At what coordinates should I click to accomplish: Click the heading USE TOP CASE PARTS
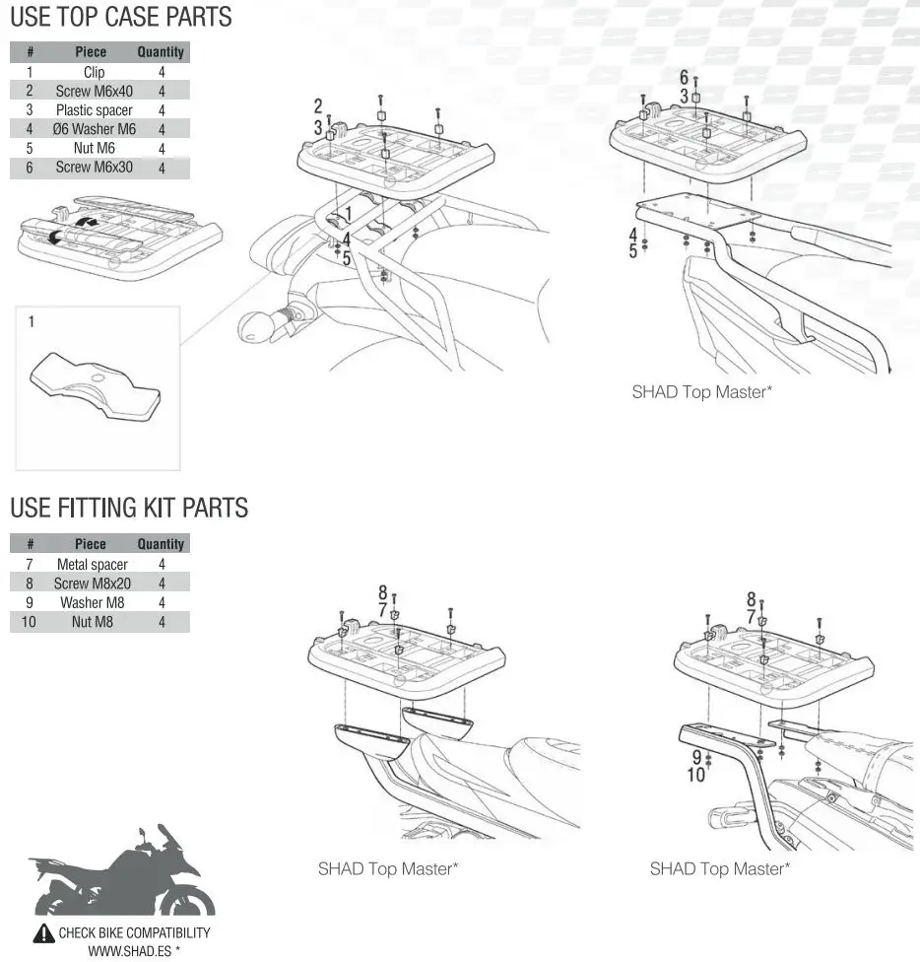[121, 17]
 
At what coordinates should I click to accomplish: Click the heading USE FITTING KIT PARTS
[129, 508]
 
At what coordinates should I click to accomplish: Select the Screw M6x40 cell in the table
[94, 91]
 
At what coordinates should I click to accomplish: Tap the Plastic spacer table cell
[94, 110]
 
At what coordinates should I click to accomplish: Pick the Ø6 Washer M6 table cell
[95, 129]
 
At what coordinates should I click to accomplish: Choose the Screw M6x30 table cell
[94, 168]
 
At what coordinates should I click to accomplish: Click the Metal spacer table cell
[92, 564]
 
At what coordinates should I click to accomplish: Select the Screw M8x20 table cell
[92, 584]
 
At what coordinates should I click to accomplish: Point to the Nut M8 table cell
[92, 622]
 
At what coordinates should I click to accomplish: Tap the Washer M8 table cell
[92, 602]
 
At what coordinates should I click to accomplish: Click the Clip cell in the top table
[94, 72]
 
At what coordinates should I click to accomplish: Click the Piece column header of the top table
[91, 52]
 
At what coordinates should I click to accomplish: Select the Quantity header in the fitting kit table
[161, 543]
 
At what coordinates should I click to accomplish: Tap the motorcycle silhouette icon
[122, 873]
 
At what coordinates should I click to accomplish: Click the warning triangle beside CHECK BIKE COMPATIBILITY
[44, 933]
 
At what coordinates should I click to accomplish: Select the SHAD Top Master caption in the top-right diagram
[701, 391]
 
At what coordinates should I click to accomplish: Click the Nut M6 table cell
[94, 149]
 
